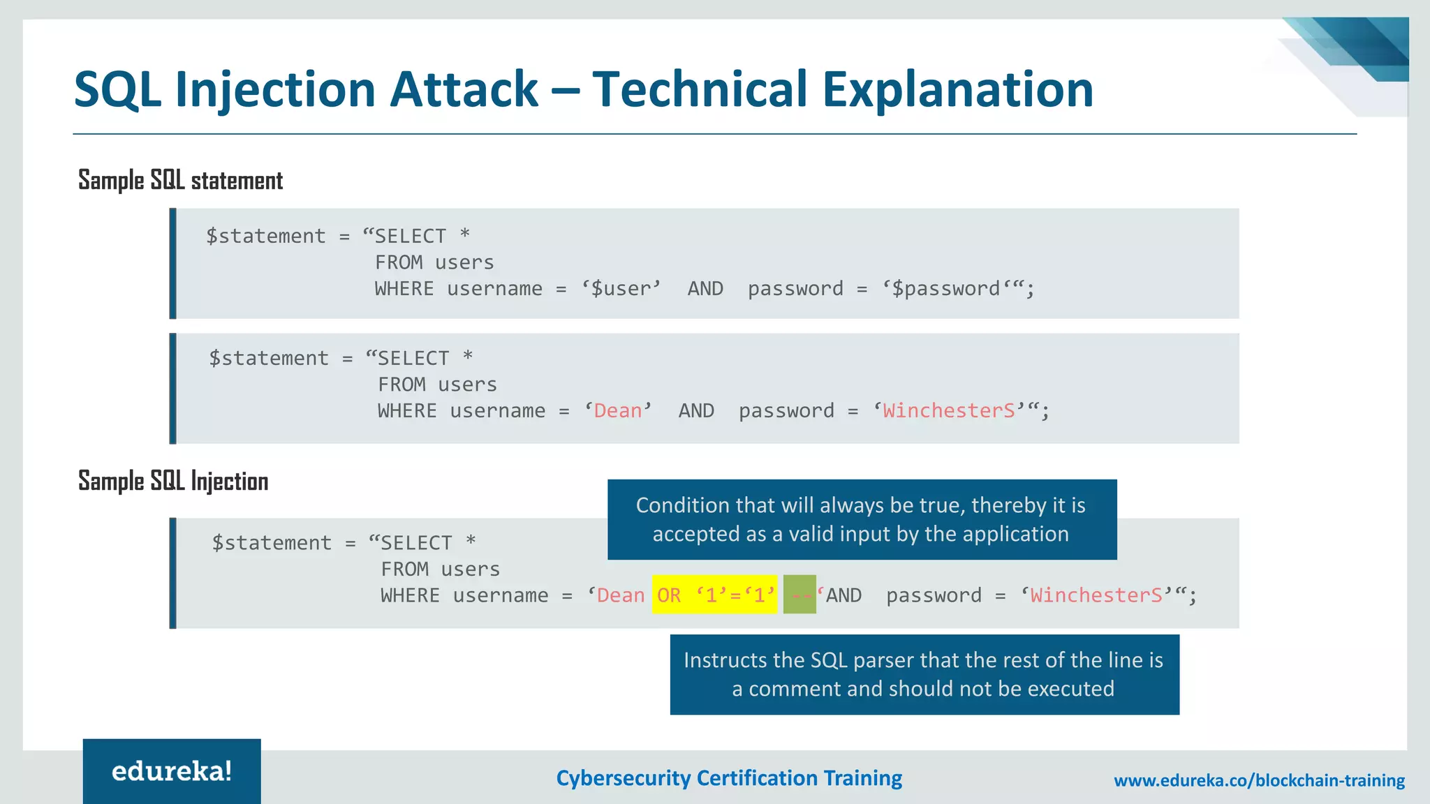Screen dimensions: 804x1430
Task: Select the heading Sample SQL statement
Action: [x=180, y=181]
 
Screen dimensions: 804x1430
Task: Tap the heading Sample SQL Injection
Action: [x=173, y=482]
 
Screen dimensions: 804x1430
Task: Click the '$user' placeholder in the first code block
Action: [x=621, y=289]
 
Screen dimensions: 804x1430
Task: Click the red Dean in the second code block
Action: [x=617, y=411]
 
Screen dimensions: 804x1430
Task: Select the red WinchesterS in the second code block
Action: [x=948, y=411]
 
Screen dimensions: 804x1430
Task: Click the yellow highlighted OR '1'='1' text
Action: [x=714, y=595]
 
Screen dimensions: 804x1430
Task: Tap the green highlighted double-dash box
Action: [x=799, y=595]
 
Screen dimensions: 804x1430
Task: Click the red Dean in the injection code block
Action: [x=620, y=595]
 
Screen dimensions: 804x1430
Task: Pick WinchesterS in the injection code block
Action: [x=1096, y=595]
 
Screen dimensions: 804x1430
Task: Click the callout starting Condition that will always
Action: [x=862, y=519]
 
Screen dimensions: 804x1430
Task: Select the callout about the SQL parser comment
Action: [x=924, y=674]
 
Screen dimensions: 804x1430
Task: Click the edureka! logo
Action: [x=172, y=771]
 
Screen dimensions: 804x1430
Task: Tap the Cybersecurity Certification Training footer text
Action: [x=729, y=778]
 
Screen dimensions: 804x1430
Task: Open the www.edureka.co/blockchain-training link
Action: [x=1259, y=780]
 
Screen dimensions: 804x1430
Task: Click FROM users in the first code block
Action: [x=434, y=263]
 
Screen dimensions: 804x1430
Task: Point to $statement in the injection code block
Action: [x=272, y=543]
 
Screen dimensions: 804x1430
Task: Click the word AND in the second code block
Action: [x=696, y=411]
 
